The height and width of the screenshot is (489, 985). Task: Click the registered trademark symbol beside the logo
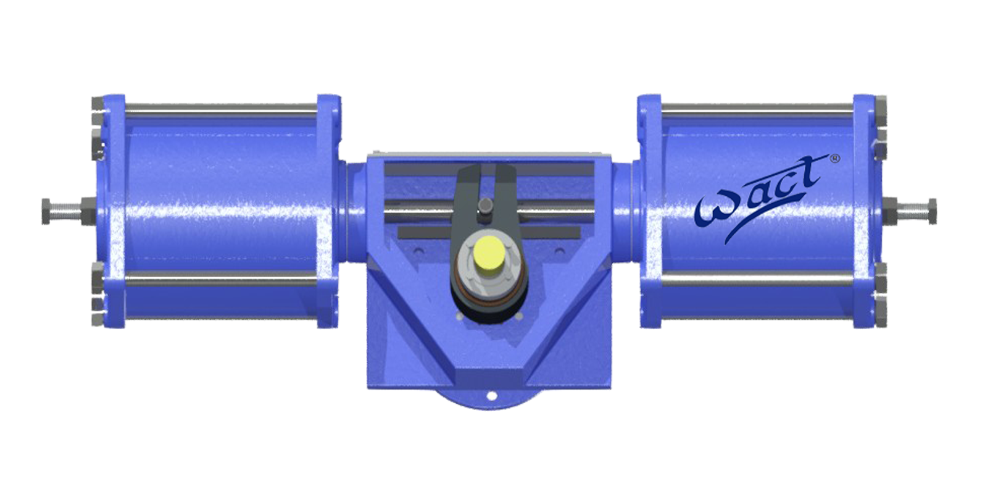tap(835, 158)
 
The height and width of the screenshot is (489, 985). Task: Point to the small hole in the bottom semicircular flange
tap(491, 396)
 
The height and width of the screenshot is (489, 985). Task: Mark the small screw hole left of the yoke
tap(419, 251)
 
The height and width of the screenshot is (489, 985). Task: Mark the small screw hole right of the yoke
tap(560, 251)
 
